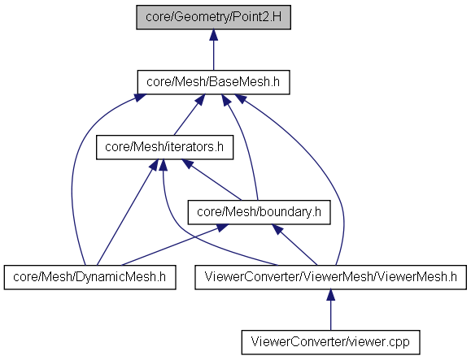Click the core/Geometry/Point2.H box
pos(214,17)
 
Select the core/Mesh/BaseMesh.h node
pos(214,82)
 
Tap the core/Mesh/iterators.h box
pos(164,147)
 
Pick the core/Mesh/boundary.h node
pos(259,212)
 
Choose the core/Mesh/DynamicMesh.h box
pos(89,277)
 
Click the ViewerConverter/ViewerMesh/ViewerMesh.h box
pos(331,277)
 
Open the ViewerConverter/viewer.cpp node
pos(331,343)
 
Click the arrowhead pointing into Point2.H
pos(214,35)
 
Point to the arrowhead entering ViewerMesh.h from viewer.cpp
pos(331,295)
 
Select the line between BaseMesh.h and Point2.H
pos(214,50)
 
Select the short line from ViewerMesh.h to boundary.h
pos(294,245)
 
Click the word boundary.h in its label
pos(290,212)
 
